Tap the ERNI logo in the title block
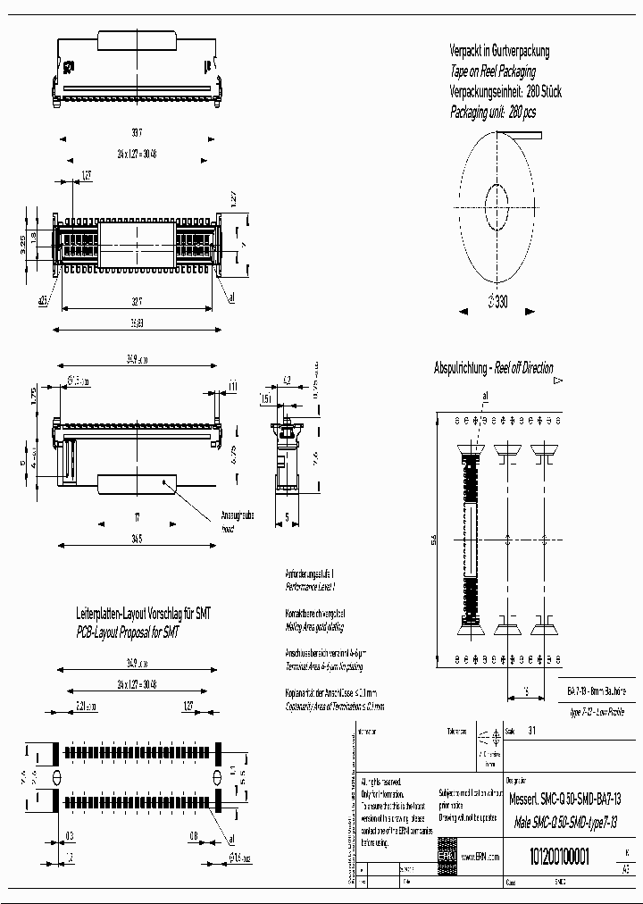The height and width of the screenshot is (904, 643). pyautogui.click(x=446, y=856)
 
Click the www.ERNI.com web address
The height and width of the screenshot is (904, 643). pyautogui.click(x=480, y=856)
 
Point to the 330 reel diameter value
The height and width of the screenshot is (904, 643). pyautogui.click(x=497, y=302)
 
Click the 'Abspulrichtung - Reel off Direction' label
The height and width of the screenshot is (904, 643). pyautogui.click(x=493, y=368)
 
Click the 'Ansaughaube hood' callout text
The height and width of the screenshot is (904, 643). pyautogui.click(x=237, y=521)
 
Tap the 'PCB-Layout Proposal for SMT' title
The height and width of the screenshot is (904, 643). pyautogui.click(x=128, y=632)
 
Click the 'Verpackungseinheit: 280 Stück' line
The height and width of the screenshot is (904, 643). pyautogui.click(x=505, y=92)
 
